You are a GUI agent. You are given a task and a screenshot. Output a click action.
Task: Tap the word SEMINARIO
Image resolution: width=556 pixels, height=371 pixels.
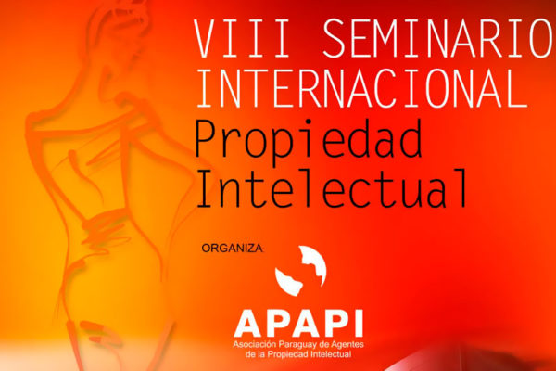click(439, 39)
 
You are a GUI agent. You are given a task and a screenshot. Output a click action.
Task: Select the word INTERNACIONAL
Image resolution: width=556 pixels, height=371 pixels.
click(362, 88)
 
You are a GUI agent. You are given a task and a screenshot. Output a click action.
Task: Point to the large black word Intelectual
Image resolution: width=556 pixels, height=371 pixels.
click(332, 188)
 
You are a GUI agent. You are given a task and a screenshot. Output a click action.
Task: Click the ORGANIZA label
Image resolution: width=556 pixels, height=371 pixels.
click(233, 249)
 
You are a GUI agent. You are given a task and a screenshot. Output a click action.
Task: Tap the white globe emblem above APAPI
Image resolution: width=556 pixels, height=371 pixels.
click(300, 271)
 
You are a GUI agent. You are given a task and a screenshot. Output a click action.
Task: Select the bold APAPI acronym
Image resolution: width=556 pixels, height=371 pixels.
click(298, 324)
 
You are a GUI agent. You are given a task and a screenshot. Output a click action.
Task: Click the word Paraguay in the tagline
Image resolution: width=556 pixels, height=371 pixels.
click(297, 345)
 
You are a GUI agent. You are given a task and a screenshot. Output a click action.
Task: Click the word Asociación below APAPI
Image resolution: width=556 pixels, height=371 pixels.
click(254, 344)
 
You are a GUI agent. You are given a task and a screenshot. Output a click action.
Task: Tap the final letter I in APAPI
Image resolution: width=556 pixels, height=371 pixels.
click(359, 324)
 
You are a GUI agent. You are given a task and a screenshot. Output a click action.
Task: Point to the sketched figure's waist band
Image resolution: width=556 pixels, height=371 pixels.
click(105, 224)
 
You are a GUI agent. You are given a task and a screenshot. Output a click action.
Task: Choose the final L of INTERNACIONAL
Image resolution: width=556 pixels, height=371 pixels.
click(517, 88)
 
